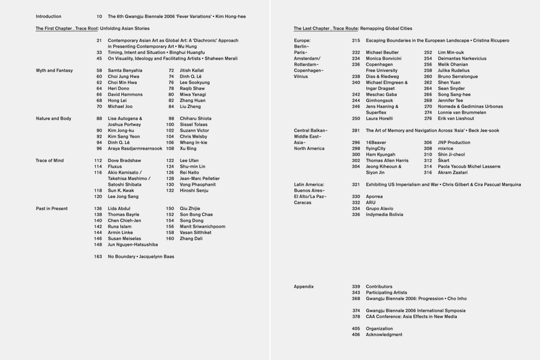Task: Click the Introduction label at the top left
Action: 49,16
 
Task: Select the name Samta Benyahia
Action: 125,70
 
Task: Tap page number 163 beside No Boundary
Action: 98,257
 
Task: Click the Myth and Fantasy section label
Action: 55,70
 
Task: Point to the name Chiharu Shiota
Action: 195,119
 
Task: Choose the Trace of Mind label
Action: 50,160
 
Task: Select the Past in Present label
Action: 52,209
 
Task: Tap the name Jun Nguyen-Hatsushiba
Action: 133,245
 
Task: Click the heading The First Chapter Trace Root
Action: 93,29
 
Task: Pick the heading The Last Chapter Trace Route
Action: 353,29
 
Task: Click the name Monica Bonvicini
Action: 383,59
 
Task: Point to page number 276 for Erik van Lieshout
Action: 428,119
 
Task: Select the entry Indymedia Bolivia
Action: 384,214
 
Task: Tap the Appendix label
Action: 304,286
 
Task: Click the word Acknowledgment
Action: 384,335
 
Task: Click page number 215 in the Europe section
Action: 356,41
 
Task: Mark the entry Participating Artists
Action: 386,292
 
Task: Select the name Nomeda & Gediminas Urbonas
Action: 470,106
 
